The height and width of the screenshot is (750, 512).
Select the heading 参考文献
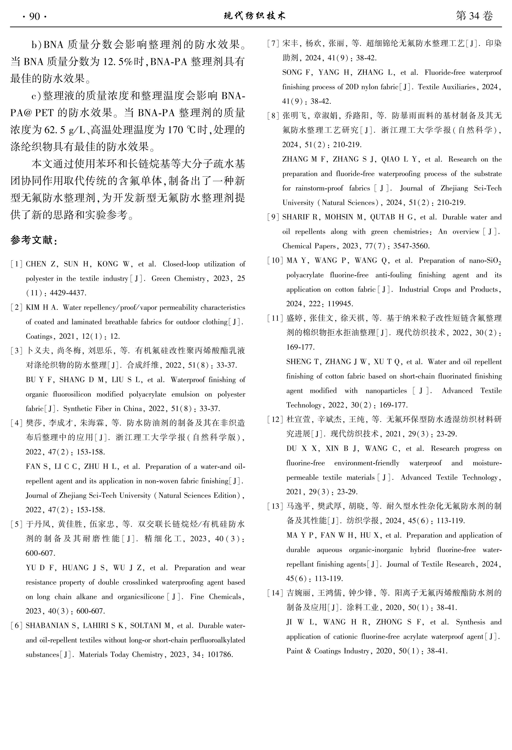click(34, 240)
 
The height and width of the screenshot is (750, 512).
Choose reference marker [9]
click(273, 217)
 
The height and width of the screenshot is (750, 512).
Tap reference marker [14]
click(275, 593)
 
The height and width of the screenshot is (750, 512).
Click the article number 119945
click(340, 304)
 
